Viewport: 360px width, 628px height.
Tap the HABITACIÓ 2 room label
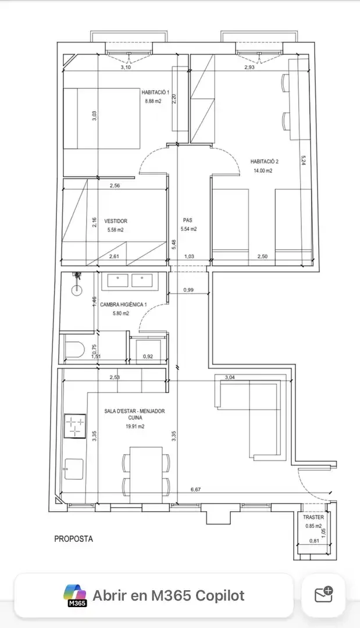point(264,162)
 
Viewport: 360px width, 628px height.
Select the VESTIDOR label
point(116,221)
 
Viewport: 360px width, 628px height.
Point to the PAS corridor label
point(187,220)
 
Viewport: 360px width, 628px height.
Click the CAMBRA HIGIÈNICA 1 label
point(123,305)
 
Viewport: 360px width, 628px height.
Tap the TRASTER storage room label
point(313,518)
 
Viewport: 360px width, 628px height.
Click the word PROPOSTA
point(74,539)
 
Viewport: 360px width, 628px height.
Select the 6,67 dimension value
point(196,490)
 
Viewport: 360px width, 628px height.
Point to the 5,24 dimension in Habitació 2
point(303,160)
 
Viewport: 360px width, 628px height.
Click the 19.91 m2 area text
point(135,427)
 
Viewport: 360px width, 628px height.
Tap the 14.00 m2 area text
point(263,170)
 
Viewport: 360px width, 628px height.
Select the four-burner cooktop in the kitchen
point(75,426)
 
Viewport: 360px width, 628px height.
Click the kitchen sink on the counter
point(74,469)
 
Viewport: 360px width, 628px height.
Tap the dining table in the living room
point(146,474)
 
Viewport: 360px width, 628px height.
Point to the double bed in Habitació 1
point(102,119)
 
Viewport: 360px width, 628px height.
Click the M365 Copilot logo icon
point(75,595)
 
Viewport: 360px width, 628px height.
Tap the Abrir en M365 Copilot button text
point(169,595)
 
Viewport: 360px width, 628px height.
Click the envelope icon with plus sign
point(324,595)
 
